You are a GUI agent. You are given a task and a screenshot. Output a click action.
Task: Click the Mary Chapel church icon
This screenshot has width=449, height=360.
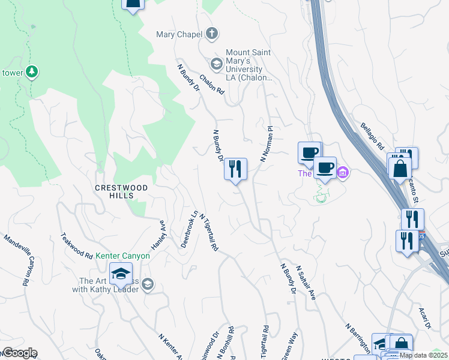(x=211, y=34)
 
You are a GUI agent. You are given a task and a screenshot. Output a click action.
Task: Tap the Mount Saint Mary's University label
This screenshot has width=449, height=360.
(x=248, y=65)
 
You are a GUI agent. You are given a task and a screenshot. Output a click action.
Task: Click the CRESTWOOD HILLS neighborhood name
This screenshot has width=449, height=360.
(x=121, y=188)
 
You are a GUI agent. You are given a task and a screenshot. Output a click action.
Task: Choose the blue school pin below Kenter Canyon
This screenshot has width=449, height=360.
(x=121, y=273)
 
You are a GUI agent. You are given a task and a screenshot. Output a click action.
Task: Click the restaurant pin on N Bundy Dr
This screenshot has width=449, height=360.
(x=235, y=169)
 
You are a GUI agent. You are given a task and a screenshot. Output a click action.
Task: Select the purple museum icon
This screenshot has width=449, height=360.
(x=343, y=173)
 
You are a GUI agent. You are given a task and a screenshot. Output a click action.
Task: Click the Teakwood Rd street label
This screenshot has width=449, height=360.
(x=76, y=246)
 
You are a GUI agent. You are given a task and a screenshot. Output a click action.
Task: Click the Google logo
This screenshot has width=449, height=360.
(x=19, y=353)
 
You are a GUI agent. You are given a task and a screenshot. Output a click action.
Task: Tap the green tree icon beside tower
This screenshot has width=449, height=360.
(x=32, y=72)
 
